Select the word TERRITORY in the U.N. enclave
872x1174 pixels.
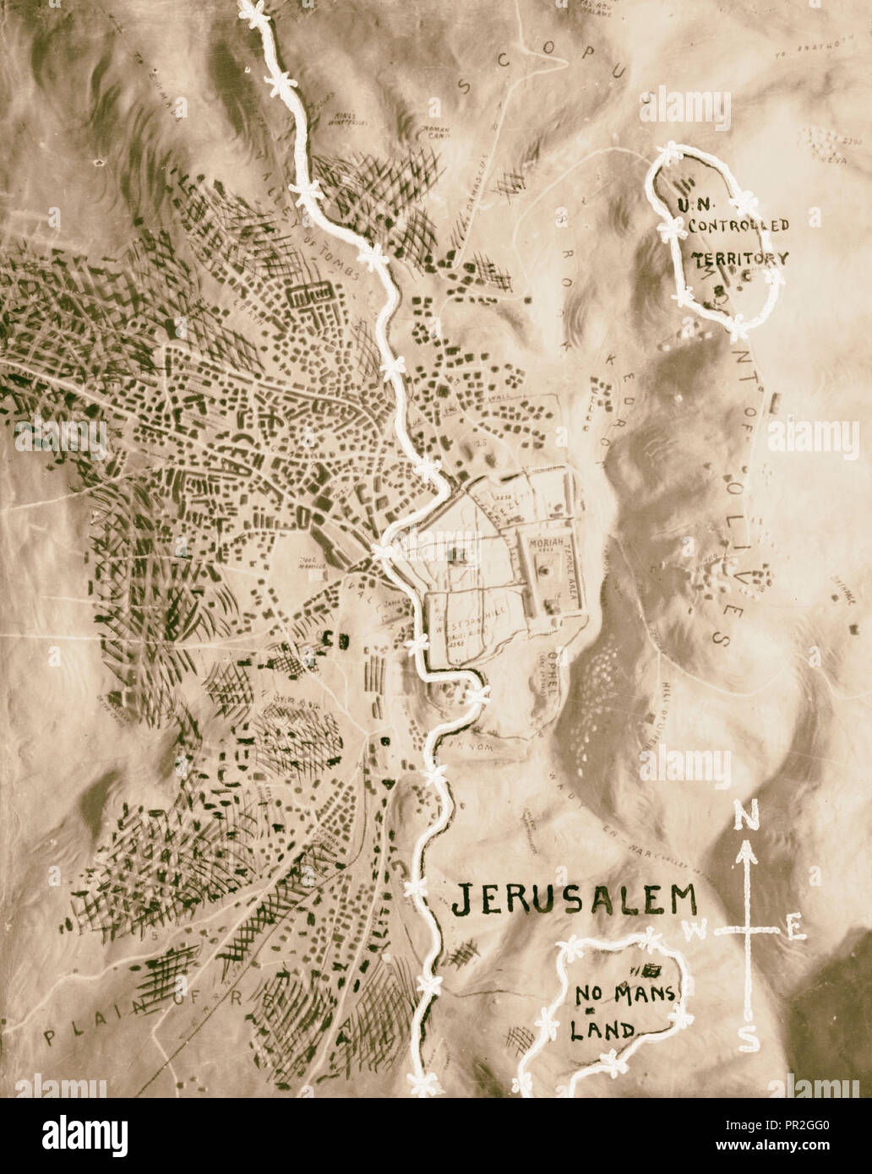coord(741,259)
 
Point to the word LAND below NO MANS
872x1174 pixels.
coord(604,1030)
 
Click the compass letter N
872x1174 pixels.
coord(744,817)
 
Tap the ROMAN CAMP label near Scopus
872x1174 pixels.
coord(432,131)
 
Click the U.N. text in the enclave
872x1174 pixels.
coord(695,205)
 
